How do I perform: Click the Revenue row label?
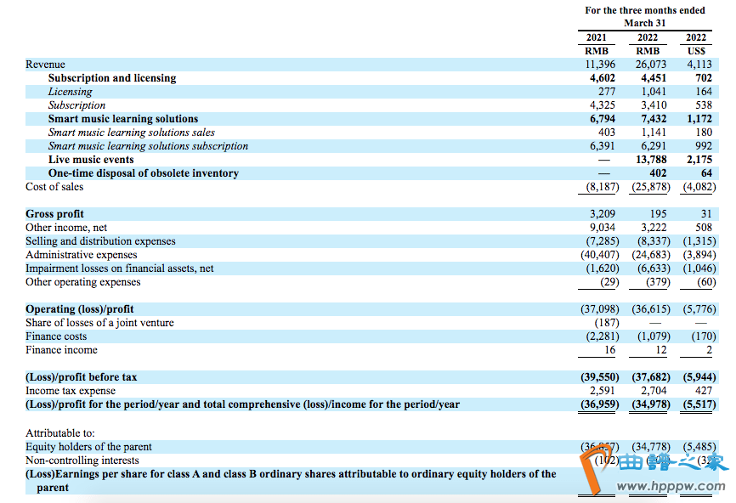[x=45, y=65]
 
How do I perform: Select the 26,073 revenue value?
[x=653, y=65]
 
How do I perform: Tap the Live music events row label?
[x=91, y=160]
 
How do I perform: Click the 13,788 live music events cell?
[x=653, y=160]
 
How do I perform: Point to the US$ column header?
[x=695, y=51]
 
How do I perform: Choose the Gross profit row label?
[x=54, y=214]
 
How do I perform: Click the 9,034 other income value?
[x=602, y=228]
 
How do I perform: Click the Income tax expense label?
[x=69, y=391]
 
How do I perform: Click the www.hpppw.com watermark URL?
[x=671, y=488]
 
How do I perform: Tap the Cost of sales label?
[x=54, y=187]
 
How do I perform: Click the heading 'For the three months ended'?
[x=645, y=10]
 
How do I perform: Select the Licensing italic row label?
[x=70, y=92]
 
